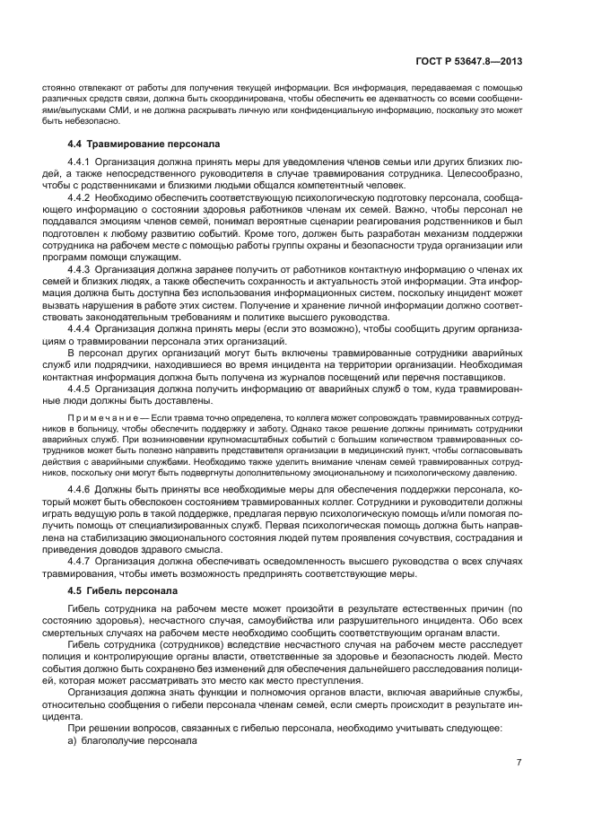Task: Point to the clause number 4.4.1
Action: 84,162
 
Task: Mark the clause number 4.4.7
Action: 84,558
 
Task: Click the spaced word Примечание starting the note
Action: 97,418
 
